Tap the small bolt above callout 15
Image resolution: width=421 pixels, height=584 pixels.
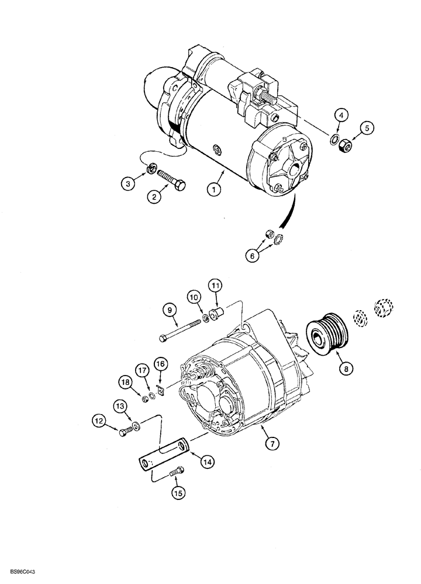(x=177, y=471)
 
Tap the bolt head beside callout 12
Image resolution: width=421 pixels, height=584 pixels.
(x=125, y=432)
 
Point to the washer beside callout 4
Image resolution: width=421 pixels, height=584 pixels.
(x=334, y=138)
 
